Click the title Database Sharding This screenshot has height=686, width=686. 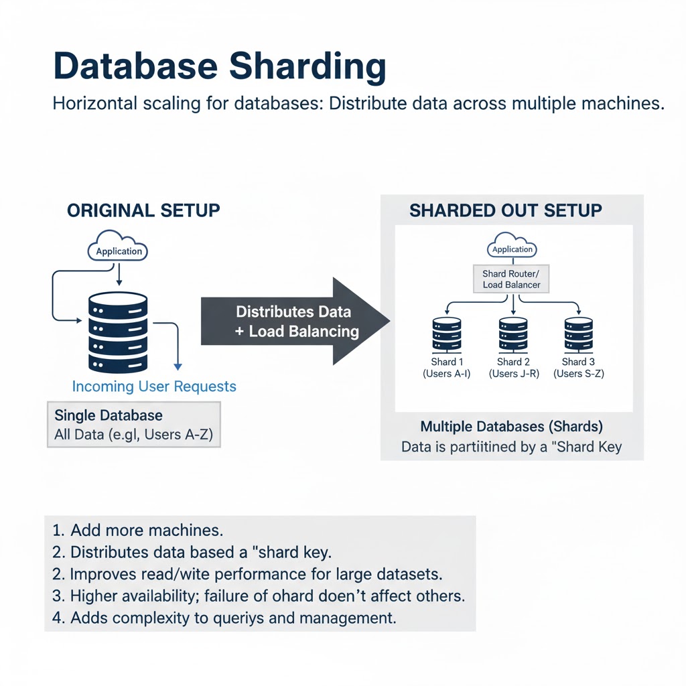click(x=219, y=67)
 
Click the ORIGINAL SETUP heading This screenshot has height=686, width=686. click(x=143, y=210)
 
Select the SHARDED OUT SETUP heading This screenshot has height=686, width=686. click(x=506, y=210)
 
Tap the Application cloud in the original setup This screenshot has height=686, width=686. click(x=119, y=249)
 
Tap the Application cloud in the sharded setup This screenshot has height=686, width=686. click(x=512, y=247)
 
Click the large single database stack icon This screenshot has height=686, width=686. click(x=118, y=332)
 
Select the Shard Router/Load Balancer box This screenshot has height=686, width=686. click(x=512, y=279)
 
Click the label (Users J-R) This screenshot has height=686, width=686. click(x=514, y=374)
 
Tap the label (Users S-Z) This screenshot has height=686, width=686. click(x=579, y=374)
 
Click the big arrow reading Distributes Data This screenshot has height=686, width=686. click(x=295, y=322)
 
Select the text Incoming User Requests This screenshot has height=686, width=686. click(x=154, y=387)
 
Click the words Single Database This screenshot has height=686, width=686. click(x=109, y=415)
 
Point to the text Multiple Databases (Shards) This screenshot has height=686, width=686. click(x=512, y=426)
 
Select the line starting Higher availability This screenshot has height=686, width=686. click(x=258, y=596)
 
